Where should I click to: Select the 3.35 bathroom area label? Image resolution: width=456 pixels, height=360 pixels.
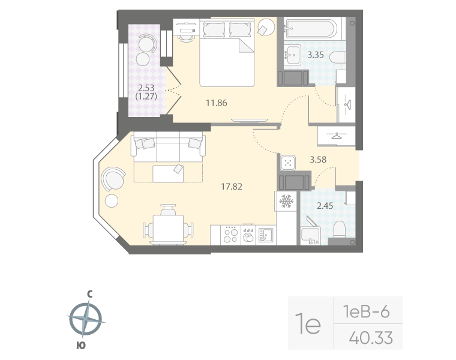(316, 56)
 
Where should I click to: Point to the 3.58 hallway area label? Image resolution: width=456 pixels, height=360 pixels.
(319, 160)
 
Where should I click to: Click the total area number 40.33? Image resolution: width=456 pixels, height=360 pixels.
(371, 338)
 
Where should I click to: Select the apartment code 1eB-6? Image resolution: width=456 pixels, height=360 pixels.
(366, 311)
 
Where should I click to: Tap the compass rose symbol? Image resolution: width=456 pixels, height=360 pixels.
(88, 319)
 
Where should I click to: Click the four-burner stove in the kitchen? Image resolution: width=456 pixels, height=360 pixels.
(230, 234)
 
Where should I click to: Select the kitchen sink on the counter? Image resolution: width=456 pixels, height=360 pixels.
(265, 235)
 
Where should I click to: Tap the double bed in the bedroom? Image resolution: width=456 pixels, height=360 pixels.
(227, 53)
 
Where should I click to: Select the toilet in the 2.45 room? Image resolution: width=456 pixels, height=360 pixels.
(339, 230)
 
